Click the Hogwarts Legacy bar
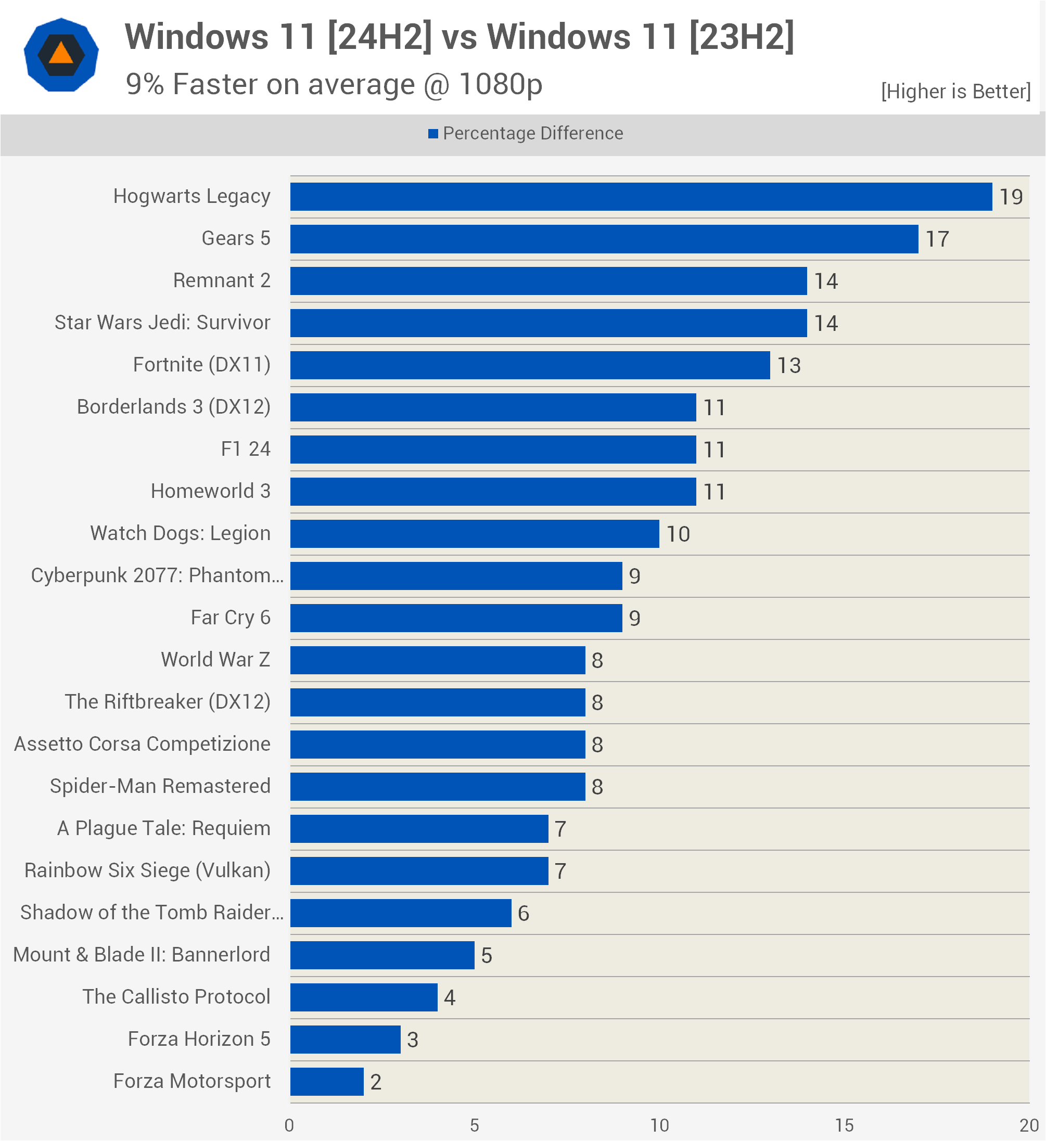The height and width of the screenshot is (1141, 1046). coord(641,196)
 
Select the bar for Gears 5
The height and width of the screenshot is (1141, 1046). coord(604,239)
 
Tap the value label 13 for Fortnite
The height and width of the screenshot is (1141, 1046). coord(788,366)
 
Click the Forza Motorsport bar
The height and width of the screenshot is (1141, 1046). coord(327,1082)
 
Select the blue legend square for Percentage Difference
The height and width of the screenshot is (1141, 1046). coord(433,134)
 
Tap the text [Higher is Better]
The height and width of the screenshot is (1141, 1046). coord(955,91)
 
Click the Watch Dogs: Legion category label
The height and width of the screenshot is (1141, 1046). coord(180,533)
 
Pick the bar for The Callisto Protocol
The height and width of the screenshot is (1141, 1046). coord(363,997)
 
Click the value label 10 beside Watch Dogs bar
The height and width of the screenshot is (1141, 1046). coord(678,534)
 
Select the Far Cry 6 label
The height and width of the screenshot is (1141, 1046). coord(231,618)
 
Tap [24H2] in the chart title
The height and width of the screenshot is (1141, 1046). coord(379,37)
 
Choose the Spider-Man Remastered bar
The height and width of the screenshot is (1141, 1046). coord(437,787)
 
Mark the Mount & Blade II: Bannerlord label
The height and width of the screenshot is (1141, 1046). coord(142,955)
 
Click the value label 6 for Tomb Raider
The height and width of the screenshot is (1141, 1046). coord(523,914)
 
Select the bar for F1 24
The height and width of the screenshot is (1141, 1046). coord(492,450)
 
